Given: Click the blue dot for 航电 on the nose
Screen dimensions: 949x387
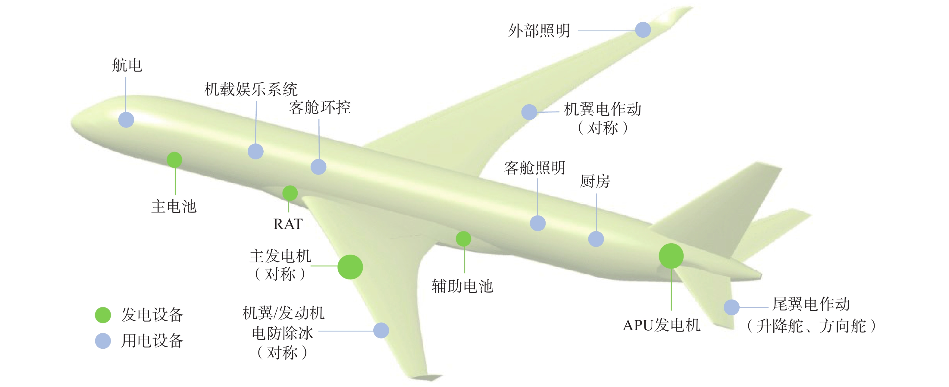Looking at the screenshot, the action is pyautogui.click(x=126, y=120).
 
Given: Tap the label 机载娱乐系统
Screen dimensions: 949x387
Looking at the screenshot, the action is pyautogui.click(x=251, y=89).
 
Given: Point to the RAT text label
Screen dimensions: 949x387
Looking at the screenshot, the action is pyautogui.click(x=288, y=224).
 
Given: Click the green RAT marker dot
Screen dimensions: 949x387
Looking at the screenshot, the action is pyautogui.click(x=290, y=193).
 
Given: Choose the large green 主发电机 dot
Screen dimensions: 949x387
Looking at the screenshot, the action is pyautogui.click(x=350, y=267).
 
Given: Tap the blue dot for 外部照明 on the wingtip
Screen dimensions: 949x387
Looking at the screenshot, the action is pyautogui.click(x=643, y=30).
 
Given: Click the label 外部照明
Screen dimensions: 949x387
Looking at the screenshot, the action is pyautogui.click(x=539, y=30).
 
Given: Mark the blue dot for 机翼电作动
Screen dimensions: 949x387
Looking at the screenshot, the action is pyautogui.click(x=529, y=112).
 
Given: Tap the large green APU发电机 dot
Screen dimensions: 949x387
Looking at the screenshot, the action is pyautogui.click(x=671, y=256).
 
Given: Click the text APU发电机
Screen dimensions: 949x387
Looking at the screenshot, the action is pyautogui.click(x=662, y=325).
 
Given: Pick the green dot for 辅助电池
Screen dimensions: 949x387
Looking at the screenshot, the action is pyautogui.click(x=463, y=238).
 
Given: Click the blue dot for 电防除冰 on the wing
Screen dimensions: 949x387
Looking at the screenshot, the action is pyautogui.click(x=381, y=330).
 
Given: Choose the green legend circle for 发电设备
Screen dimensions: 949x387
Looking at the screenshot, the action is pyautogui.click(x=103, y=315).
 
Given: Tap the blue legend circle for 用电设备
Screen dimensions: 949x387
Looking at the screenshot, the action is pyautogui.click(x=103, y=341).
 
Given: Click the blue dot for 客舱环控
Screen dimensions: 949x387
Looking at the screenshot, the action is pyautogui.click(x=318, y=167).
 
